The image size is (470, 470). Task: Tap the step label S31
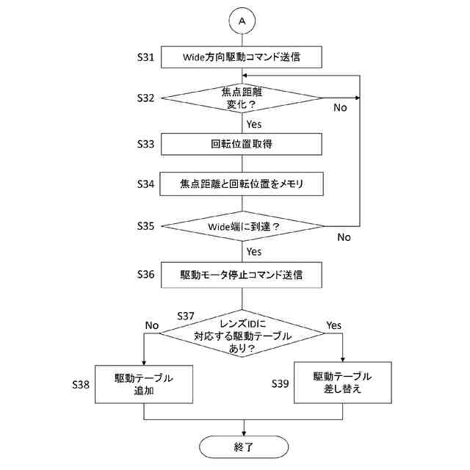[x=145, y=57]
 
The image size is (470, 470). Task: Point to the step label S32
[x=145, y=98]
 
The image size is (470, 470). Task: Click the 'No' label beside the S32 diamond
[x=340, y=107]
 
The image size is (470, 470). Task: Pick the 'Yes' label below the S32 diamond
[x=254, y=124]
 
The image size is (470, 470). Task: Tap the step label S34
[x=145, y=184]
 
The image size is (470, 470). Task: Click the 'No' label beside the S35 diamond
[x=344, y=237]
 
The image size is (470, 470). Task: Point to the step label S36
[x=145, y=274]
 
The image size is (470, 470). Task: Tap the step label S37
[x=186, y=316]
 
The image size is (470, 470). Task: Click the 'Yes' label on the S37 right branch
[x=333, y=325]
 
